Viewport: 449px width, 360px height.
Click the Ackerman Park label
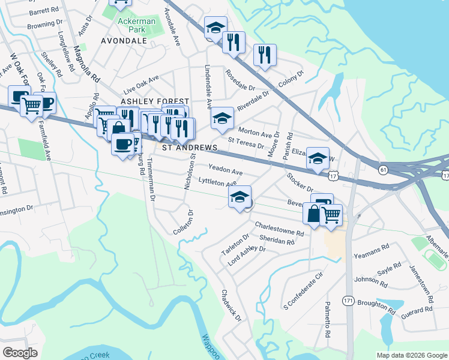point(136,25)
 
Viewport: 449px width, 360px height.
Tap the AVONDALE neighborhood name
point(124,41)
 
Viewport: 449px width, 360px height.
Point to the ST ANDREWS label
point(186,148)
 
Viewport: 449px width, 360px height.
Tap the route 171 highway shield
point(348,299)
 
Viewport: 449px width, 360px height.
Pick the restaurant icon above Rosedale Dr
point(233,42)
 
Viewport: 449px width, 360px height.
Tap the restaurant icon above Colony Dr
point(265,55)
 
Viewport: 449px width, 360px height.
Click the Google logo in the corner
point(20,352)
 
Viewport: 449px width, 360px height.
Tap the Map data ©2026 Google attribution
point(412,355)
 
